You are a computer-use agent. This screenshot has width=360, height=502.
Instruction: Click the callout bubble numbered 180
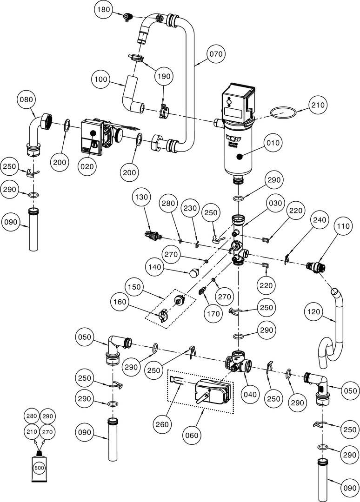pyautogui.click(x=104, y=10)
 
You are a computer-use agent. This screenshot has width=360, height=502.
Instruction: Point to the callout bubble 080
pyautogui.click(x=27, y=99)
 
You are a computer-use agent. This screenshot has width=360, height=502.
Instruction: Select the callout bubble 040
pyautogui.click(x=250, y=395)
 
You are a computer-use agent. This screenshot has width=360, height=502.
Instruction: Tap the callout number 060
pyautogui.click(x=192, y=435)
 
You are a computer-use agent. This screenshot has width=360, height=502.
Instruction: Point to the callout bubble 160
pyautogui.click(x=120, y=302)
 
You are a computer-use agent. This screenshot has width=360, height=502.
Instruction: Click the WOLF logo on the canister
pyautogui.click(x=232, y=138)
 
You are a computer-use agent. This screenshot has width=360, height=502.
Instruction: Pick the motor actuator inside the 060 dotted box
pyautogui.click(x=212, y=390)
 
